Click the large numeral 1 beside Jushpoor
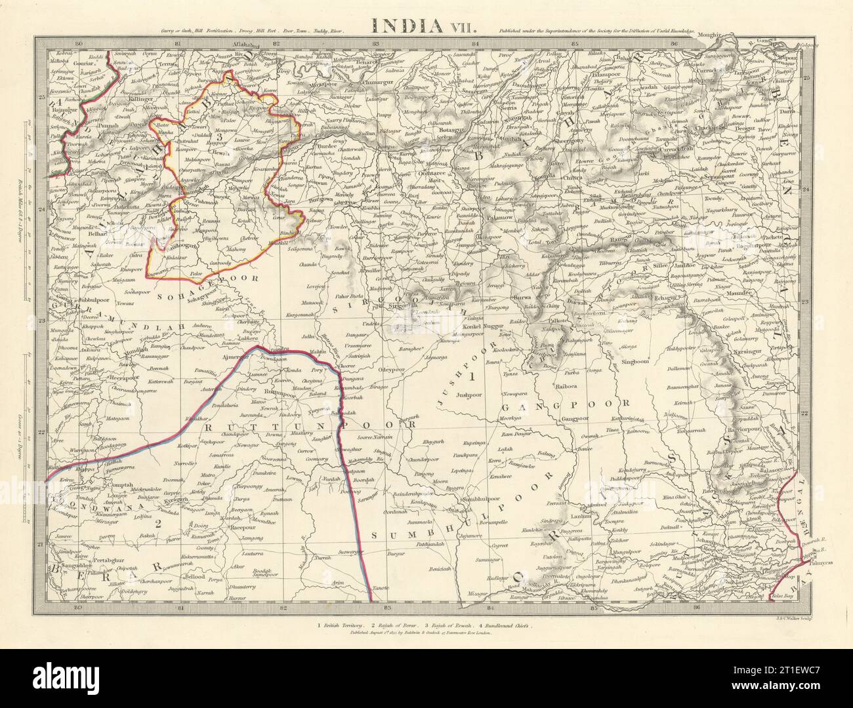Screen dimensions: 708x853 [470, 377]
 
